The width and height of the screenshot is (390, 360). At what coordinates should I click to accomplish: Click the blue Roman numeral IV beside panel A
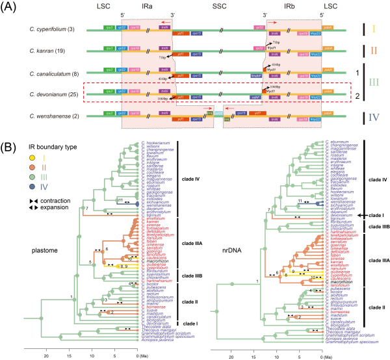359,117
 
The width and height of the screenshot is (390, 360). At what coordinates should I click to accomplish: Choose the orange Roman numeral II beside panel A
359,49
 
